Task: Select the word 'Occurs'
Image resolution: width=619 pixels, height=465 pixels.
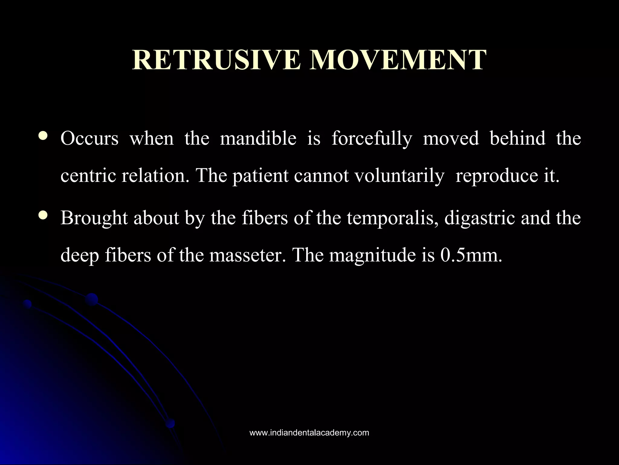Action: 89,139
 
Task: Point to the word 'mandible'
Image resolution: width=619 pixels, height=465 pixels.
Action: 258,139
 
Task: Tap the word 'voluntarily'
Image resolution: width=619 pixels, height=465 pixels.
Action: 399,176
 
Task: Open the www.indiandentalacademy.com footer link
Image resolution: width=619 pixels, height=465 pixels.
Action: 309,433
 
